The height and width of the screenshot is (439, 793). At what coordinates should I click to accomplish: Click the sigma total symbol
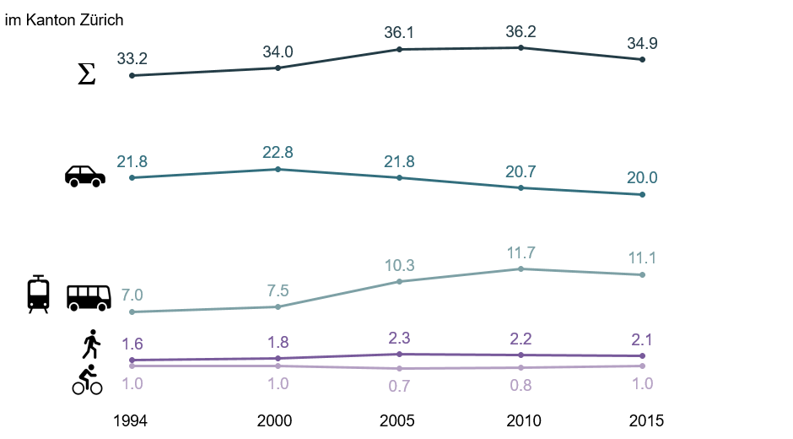[86, 75]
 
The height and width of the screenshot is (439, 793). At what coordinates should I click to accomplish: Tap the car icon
[85, 176]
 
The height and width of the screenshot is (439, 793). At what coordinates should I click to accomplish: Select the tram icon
[38, 294]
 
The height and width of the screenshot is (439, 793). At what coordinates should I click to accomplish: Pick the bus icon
[89, 297]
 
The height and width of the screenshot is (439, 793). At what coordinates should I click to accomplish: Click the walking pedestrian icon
[91, 344]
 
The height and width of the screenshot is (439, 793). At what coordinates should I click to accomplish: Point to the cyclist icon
[87, 381]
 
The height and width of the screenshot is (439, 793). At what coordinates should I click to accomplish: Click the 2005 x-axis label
[399, 420]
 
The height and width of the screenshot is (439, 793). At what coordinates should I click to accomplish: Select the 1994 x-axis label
[132, 420]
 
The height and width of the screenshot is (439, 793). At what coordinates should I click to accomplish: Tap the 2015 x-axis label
[643, 420]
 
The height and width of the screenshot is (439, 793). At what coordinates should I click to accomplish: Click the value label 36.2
[521, 32]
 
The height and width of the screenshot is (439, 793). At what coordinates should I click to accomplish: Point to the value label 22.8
[278, 153]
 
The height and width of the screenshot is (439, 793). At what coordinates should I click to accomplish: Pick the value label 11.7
[521, 252]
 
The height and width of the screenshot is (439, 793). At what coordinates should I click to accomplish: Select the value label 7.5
[278, 291]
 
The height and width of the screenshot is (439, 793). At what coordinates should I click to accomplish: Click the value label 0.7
[399, 386]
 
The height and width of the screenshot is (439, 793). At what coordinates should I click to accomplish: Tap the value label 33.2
[132, 59]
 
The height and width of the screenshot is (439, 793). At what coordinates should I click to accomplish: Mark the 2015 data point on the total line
[643, 59]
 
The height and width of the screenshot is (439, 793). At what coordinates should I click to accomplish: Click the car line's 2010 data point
[521, 187]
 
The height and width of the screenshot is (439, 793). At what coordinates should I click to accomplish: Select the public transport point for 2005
[399, 281]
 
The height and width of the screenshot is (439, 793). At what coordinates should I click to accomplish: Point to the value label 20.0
[643, 178]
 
